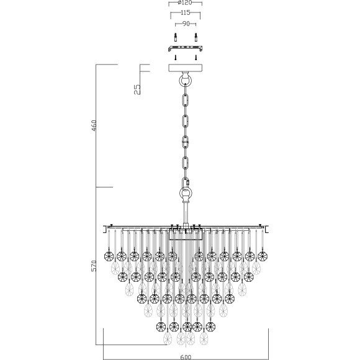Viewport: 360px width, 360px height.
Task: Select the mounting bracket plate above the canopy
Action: point(185,48)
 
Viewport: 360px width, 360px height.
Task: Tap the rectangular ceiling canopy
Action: point(185,69)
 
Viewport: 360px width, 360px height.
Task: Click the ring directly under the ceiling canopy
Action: point(185,81)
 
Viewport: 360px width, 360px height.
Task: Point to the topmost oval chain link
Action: point(185,100)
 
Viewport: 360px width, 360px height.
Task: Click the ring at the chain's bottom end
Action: point(185,194)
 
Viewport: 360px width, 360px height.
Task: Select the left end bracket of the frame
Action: point(104,230)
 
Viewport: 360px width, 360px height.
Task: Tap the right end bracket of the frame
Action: point(266,230)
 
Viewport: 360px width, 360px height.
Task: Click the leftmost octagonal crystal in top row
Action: point(107,256)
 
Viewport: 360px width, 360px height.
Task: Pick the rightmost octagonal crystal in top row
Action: point(263,256)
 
